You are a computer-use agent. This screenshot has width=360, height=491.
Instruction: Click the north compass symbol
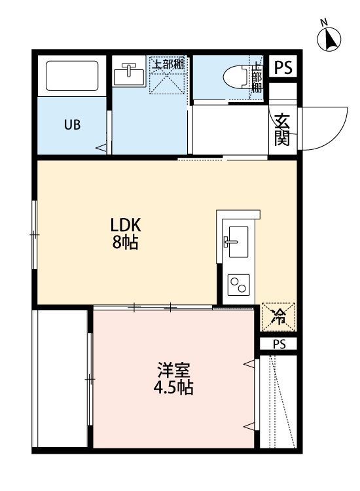click(329, 37)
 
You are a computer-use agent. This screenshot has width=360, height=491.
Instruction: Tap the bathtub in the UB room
click(72, 76)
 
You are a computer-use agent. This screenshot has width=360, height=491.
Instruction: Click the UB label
click(72, 125)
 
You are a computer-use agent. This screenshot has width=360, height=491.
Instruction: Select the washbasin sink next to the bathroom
click(129, 75)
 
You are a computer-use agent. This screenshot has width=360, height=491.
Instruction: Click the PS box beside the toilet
click(283, 67)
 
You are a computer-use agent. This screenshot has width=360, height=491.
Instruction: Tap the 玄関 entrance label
click(282, 130)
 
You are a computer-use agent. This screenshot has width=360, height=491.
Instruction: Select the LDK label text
click(126, 225)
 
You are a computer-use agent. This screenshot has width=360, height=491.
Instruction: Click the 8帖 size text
click(125, 242)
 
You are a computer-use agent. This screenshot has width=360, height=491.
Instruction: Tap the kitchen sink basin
click(238, 242)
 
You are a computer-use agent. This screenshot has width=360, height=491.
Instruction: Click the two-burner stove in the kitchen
click(238, 285)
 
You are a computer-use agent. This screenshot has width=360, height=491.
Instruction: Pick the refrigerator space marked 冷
click(278, 316)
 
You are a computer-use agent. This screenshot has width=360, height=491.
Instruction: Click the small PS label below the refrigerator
click(279, 344)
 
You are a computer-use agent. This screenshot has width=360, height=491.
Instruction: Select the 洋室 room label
click(173, 370)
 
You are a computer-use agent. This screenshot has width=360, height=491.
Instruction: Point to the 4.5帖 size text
click(173, 388)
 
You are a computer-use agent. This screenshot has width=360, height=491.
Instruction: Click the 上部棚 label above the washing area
click(168, 65)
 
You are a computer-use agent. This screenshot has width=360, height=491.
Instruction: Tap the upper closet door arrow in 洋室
click(249, 364)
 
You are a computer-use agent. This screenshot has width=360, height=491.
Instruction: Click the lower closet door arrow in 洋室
click(249, 426)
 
